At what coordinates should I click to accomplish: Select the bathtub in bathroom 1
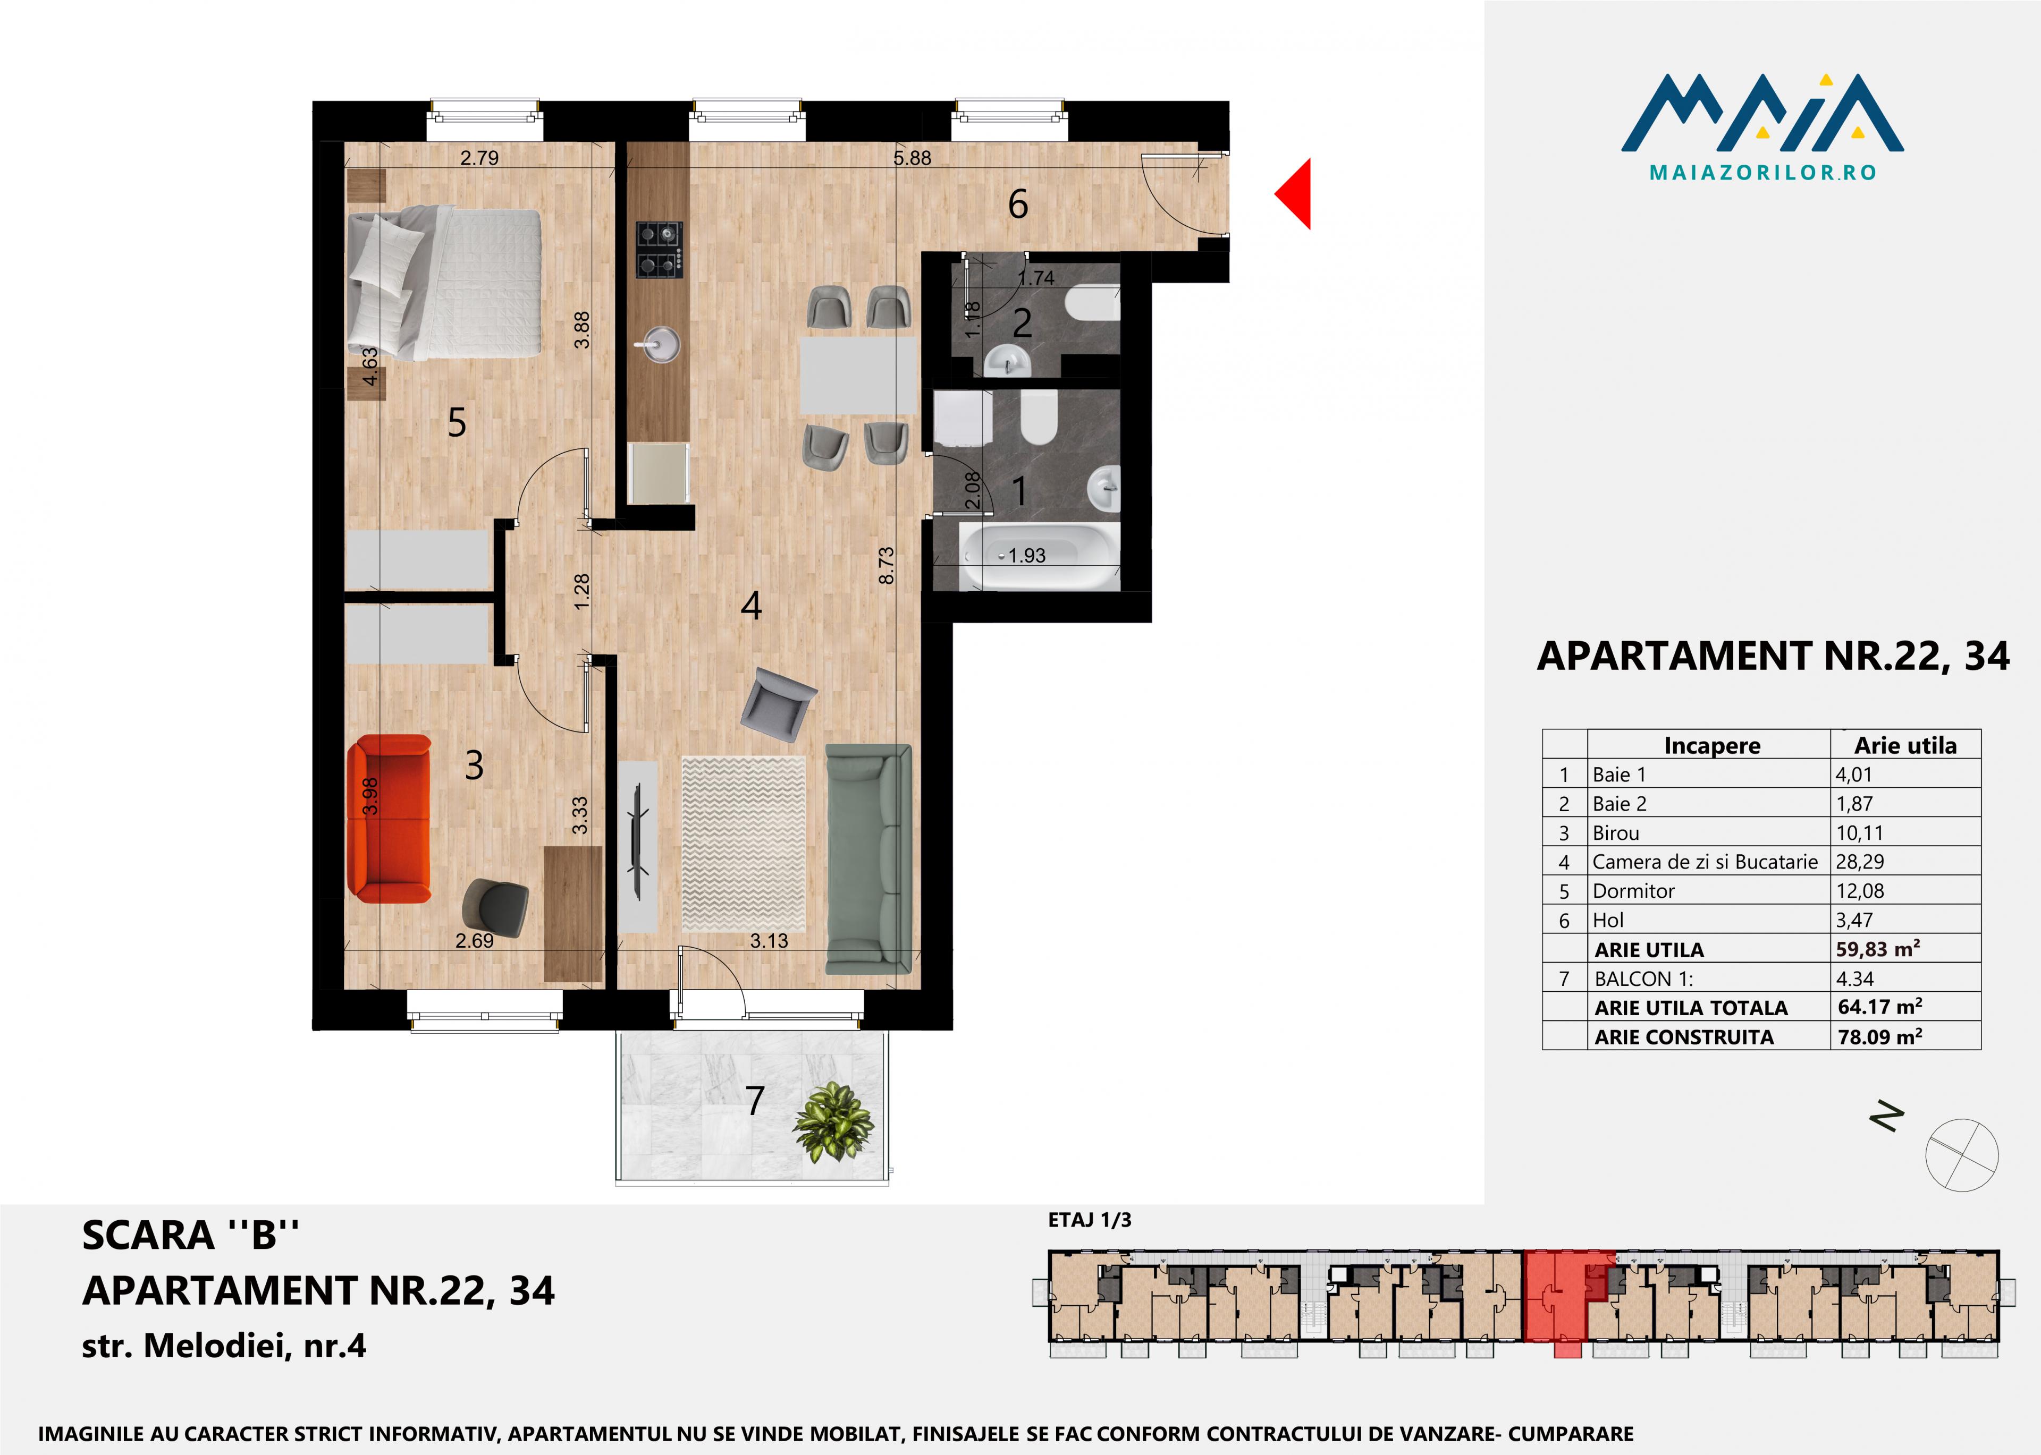1040,556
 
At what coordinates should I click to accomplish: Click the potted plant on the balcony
833,1122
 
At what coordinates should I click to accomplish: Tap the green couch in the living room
868,858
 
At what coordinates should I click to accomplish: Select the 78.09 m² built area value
1879,1036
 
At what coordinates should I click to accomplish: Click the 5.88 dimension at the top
913,158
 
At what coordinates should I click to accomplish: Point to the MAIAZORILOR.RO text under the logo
1762,172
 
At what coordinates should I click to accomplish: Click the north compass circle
1962,1155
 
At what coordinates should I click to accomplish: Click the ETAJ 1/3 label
1089,1220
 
